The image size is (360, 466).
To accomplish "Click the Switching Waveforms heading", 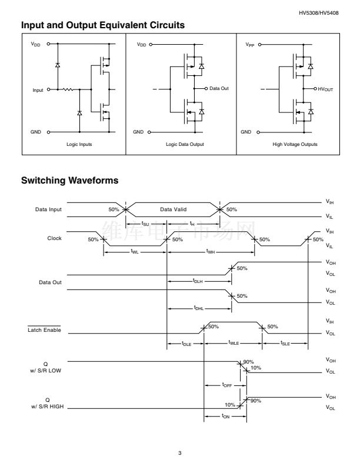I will (70, 180).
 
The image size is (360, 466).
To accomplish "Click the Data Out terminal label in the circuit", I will (219, 88).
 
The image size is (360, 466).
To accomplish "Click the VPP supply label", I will (249, 44).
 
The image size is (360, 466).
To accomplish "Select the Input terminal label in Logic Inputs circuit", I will (38, 90).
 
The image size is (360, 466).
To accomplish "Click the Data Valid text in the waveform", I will (172, 209).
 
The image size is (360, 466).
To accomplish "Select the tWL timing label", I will (135, 252).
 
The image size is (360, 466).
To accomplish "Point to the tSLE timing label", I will (285, 343).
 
